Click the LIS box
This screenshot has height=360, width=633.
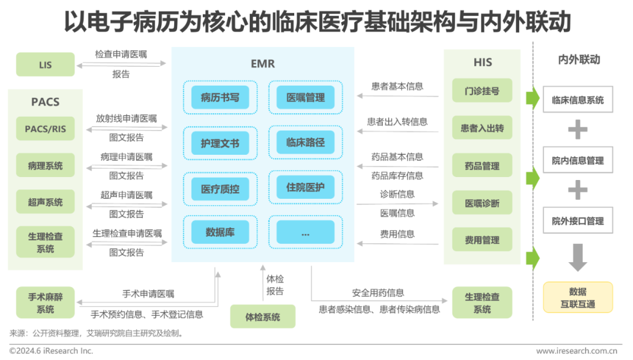[46, 65]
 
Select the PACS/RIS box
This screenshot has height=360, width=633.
[46, 129]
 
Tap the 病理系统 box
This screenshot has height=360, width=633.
[46, 166]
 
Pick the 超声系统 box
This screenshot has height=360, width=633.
[46, 202]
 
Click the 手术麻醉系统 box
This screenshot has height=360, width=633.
[46, 303]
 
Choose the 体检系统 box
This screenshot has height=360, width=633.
[263, 317]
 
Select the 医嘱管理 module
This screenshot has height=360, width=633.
[305, 97]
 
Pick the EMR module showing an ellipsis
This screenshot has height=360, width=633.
[305, 232]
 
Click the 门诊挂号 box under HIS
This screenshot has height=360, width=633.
[482, 91]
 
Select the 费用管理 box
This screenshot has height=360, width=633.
[482, 240]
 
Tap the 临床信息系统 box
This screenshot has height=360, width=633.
[578, 100]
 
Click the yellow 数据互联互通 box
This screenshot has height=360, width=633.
[578, 297]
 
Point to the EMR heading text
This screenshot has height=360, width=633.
[262, 64]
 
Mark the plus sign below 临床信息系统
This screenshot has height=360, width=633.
[578, 130]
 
